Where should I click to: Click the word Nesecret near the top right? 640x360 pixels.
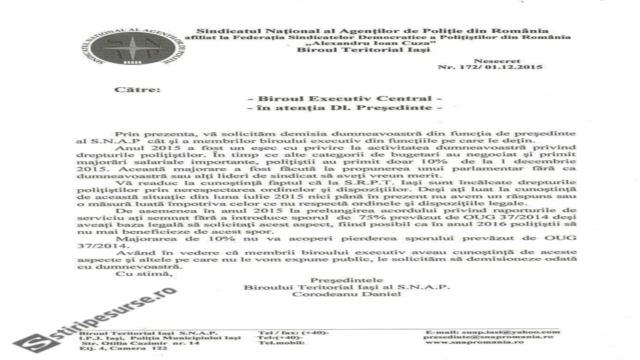tap(491, 61)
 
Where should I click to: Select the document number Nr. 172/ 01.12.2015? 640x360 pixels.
tap(490, 67)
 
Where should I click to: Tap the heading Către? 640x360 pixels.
tap(137, 89)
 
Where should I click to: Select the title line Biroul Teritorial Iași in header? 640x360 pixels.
tap(363, 50)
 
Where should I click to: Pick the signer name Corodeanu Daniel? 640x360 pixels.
tap(346, 294)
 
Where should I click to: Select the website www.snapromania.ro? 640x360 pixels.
tap(474, 342)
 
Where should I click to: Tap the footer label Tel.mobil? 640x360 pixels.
tap(276, 343)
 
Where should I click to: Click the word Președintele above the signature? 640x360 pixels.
tap(346, 280)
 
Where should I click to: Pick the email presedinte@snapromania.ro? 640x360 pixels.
tap(488, 337)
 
